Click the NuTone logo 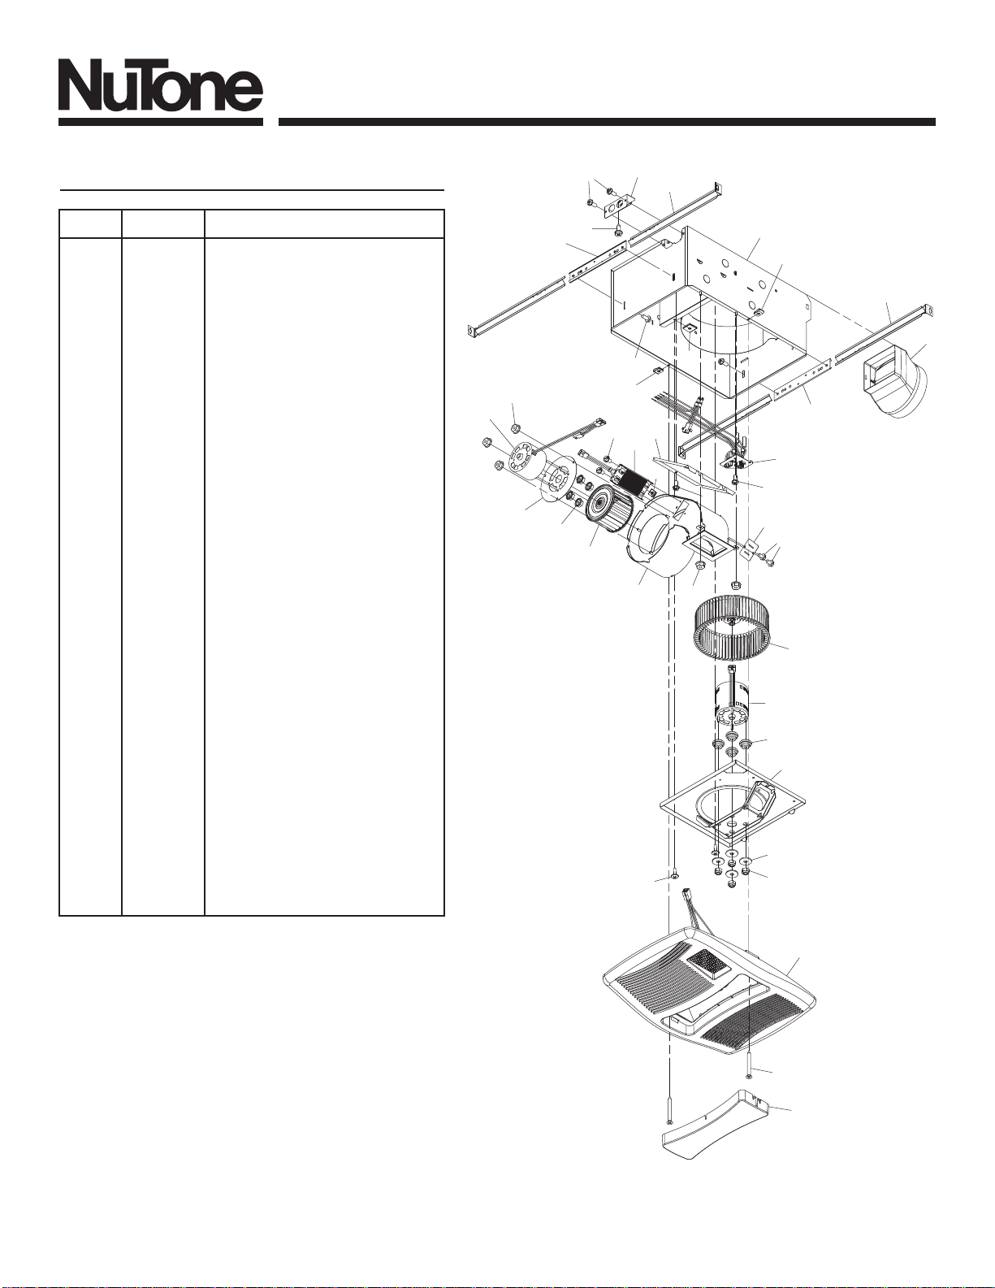click(x=161, y=95)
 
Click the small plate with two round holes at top click(x=617, y=207)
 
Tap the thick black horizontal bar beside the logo click(x=607, y=122)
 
